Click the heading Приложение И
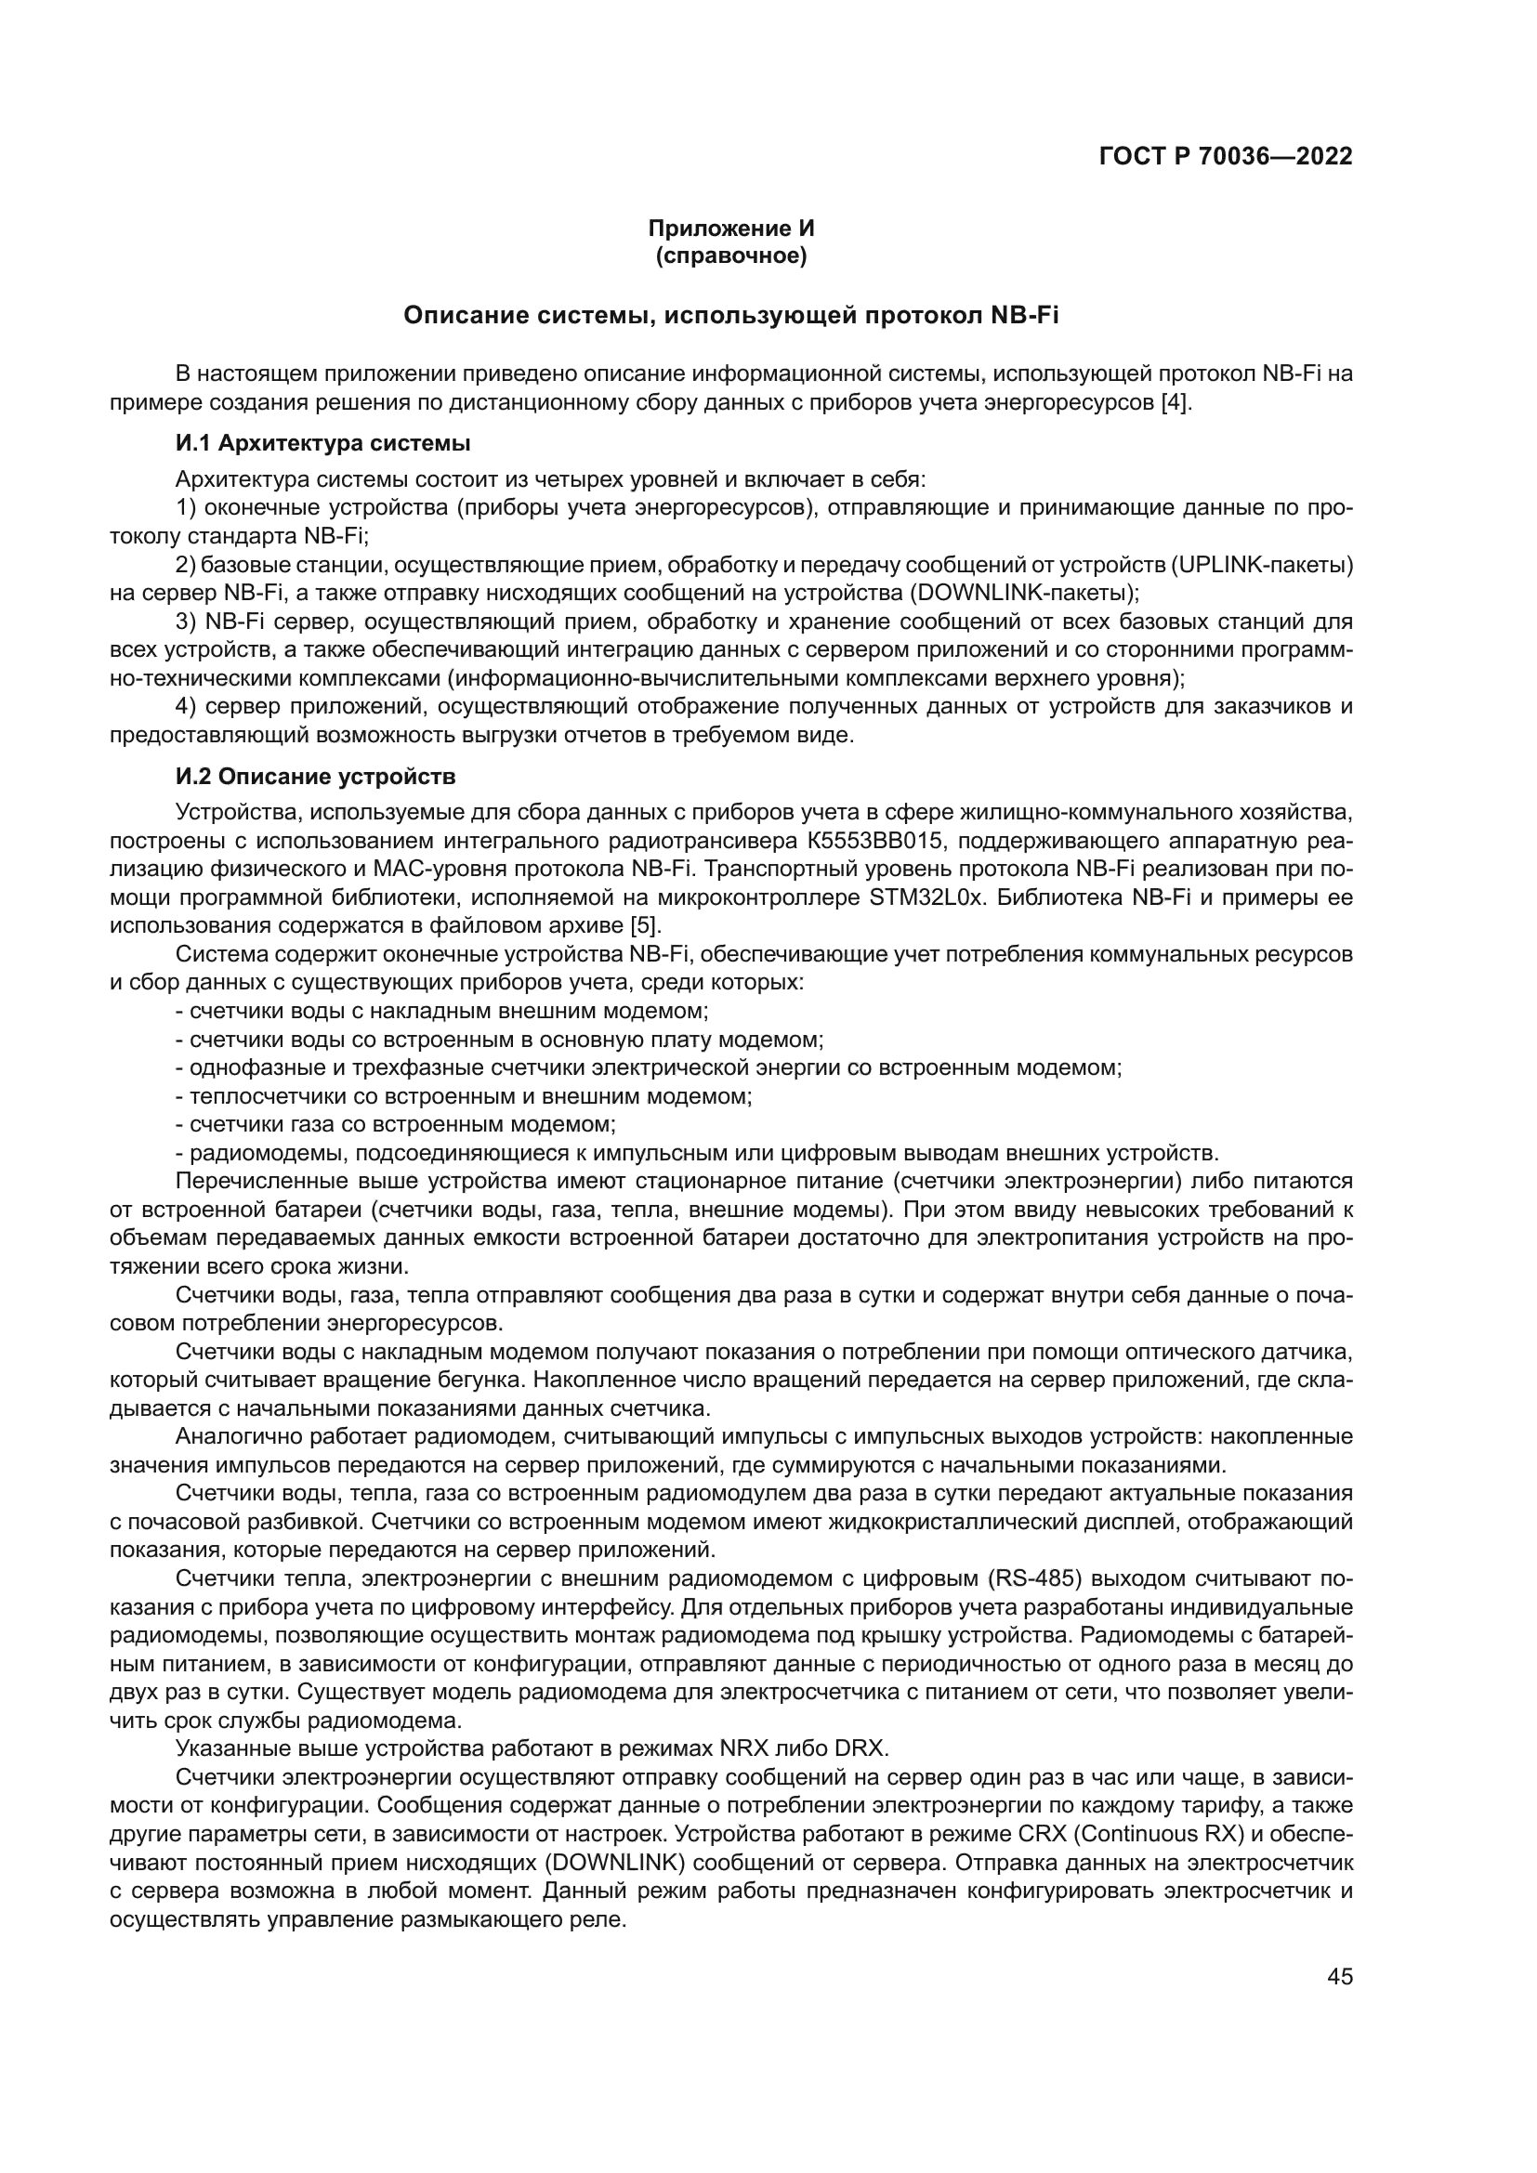(x=730, y=229)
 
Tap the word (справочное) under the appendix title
(x=730, y=255)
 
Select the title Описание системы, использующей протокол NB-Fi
(x=730, y=315)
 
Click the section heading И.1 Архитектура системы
(x=322, y=443)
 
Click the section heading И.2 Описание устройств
(x=315, y=777)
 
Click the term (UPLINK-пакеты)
(x=1262, y=565)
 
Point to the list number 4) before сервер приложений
(x=187, y=706)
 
